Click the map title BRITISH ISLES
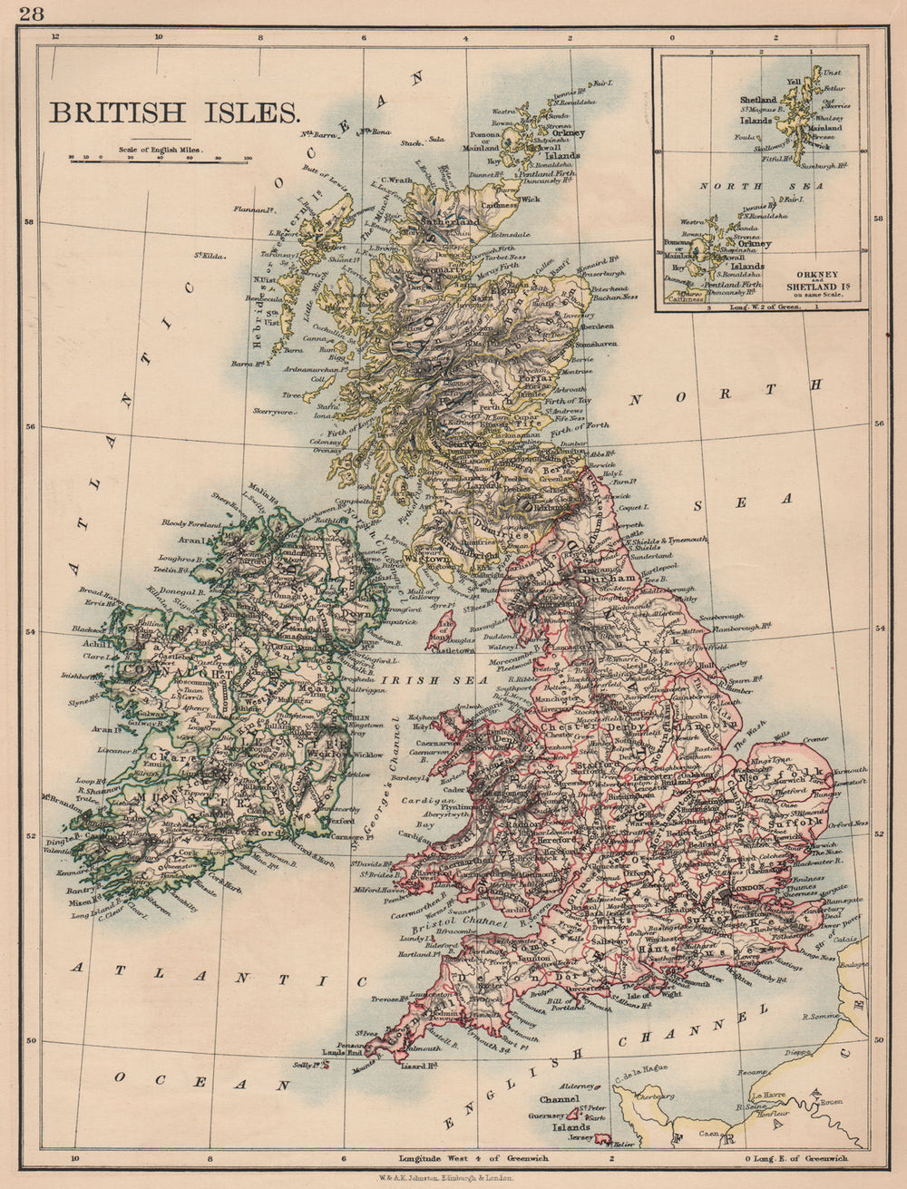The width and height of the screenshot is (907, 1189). pyautogui.click(x=174, y=113)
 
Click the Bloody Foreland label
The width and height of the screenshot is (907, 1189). pyautogui.click(x=191, y=523)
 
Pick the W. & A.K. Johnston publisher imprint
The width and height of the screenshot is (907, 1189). pyautogui.click(x=453, y=1176)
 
